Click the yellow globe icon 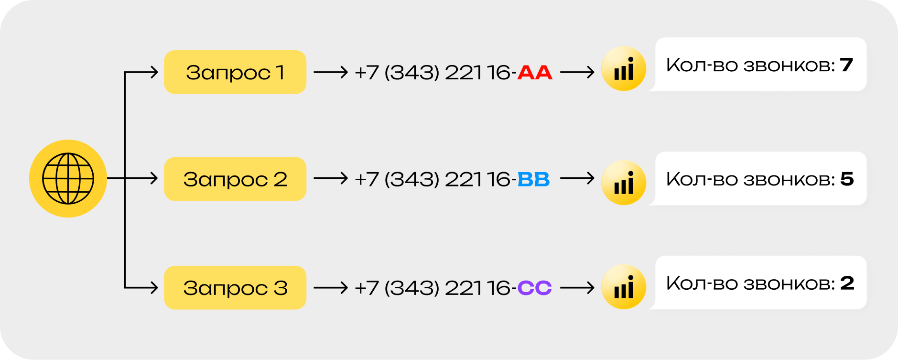pyautogui.click(x=68, y=178)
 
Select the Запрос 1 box pyautogui.click(x=235, y=72)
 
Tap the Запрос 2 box pyautogui.click(x=235, y=179)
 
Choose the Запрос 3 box pyautogui.click(x=235, y=287)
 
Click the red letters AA pyautogui.click(x=535, y=73)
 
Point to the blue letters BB pyautogui.click(x=533, y=179)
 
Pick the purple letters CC pyautogui.click(x=535, y=288)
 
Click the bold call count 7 pyautogui.click(x=846, y=65)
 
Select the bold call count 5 pyautogui.click(x=847, y=179)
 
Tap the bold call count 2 pyautogui.click(x=847, y=283)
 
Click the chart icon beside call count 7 pyautogui.click(x=624, y=68)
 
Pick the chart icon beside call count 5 pyautogui.click(x=624, y=183)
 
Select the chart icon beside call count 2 pyautogui.click(x=624, y=287)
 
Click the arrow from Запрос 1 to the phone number pyautogui.click(x=331, y=72)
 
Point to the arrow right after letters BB pyautogui.click(x=577, y=179)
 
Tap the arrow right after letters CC pyautogui.click(x=577, y=287)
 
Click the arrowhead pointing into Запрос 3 pyautogui.click(x=154, y=287)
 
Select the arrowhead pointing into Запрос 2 pyautogui.click(x=154, y=178)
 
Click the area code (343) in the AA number pyautogui.click(x=412, y=73)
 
